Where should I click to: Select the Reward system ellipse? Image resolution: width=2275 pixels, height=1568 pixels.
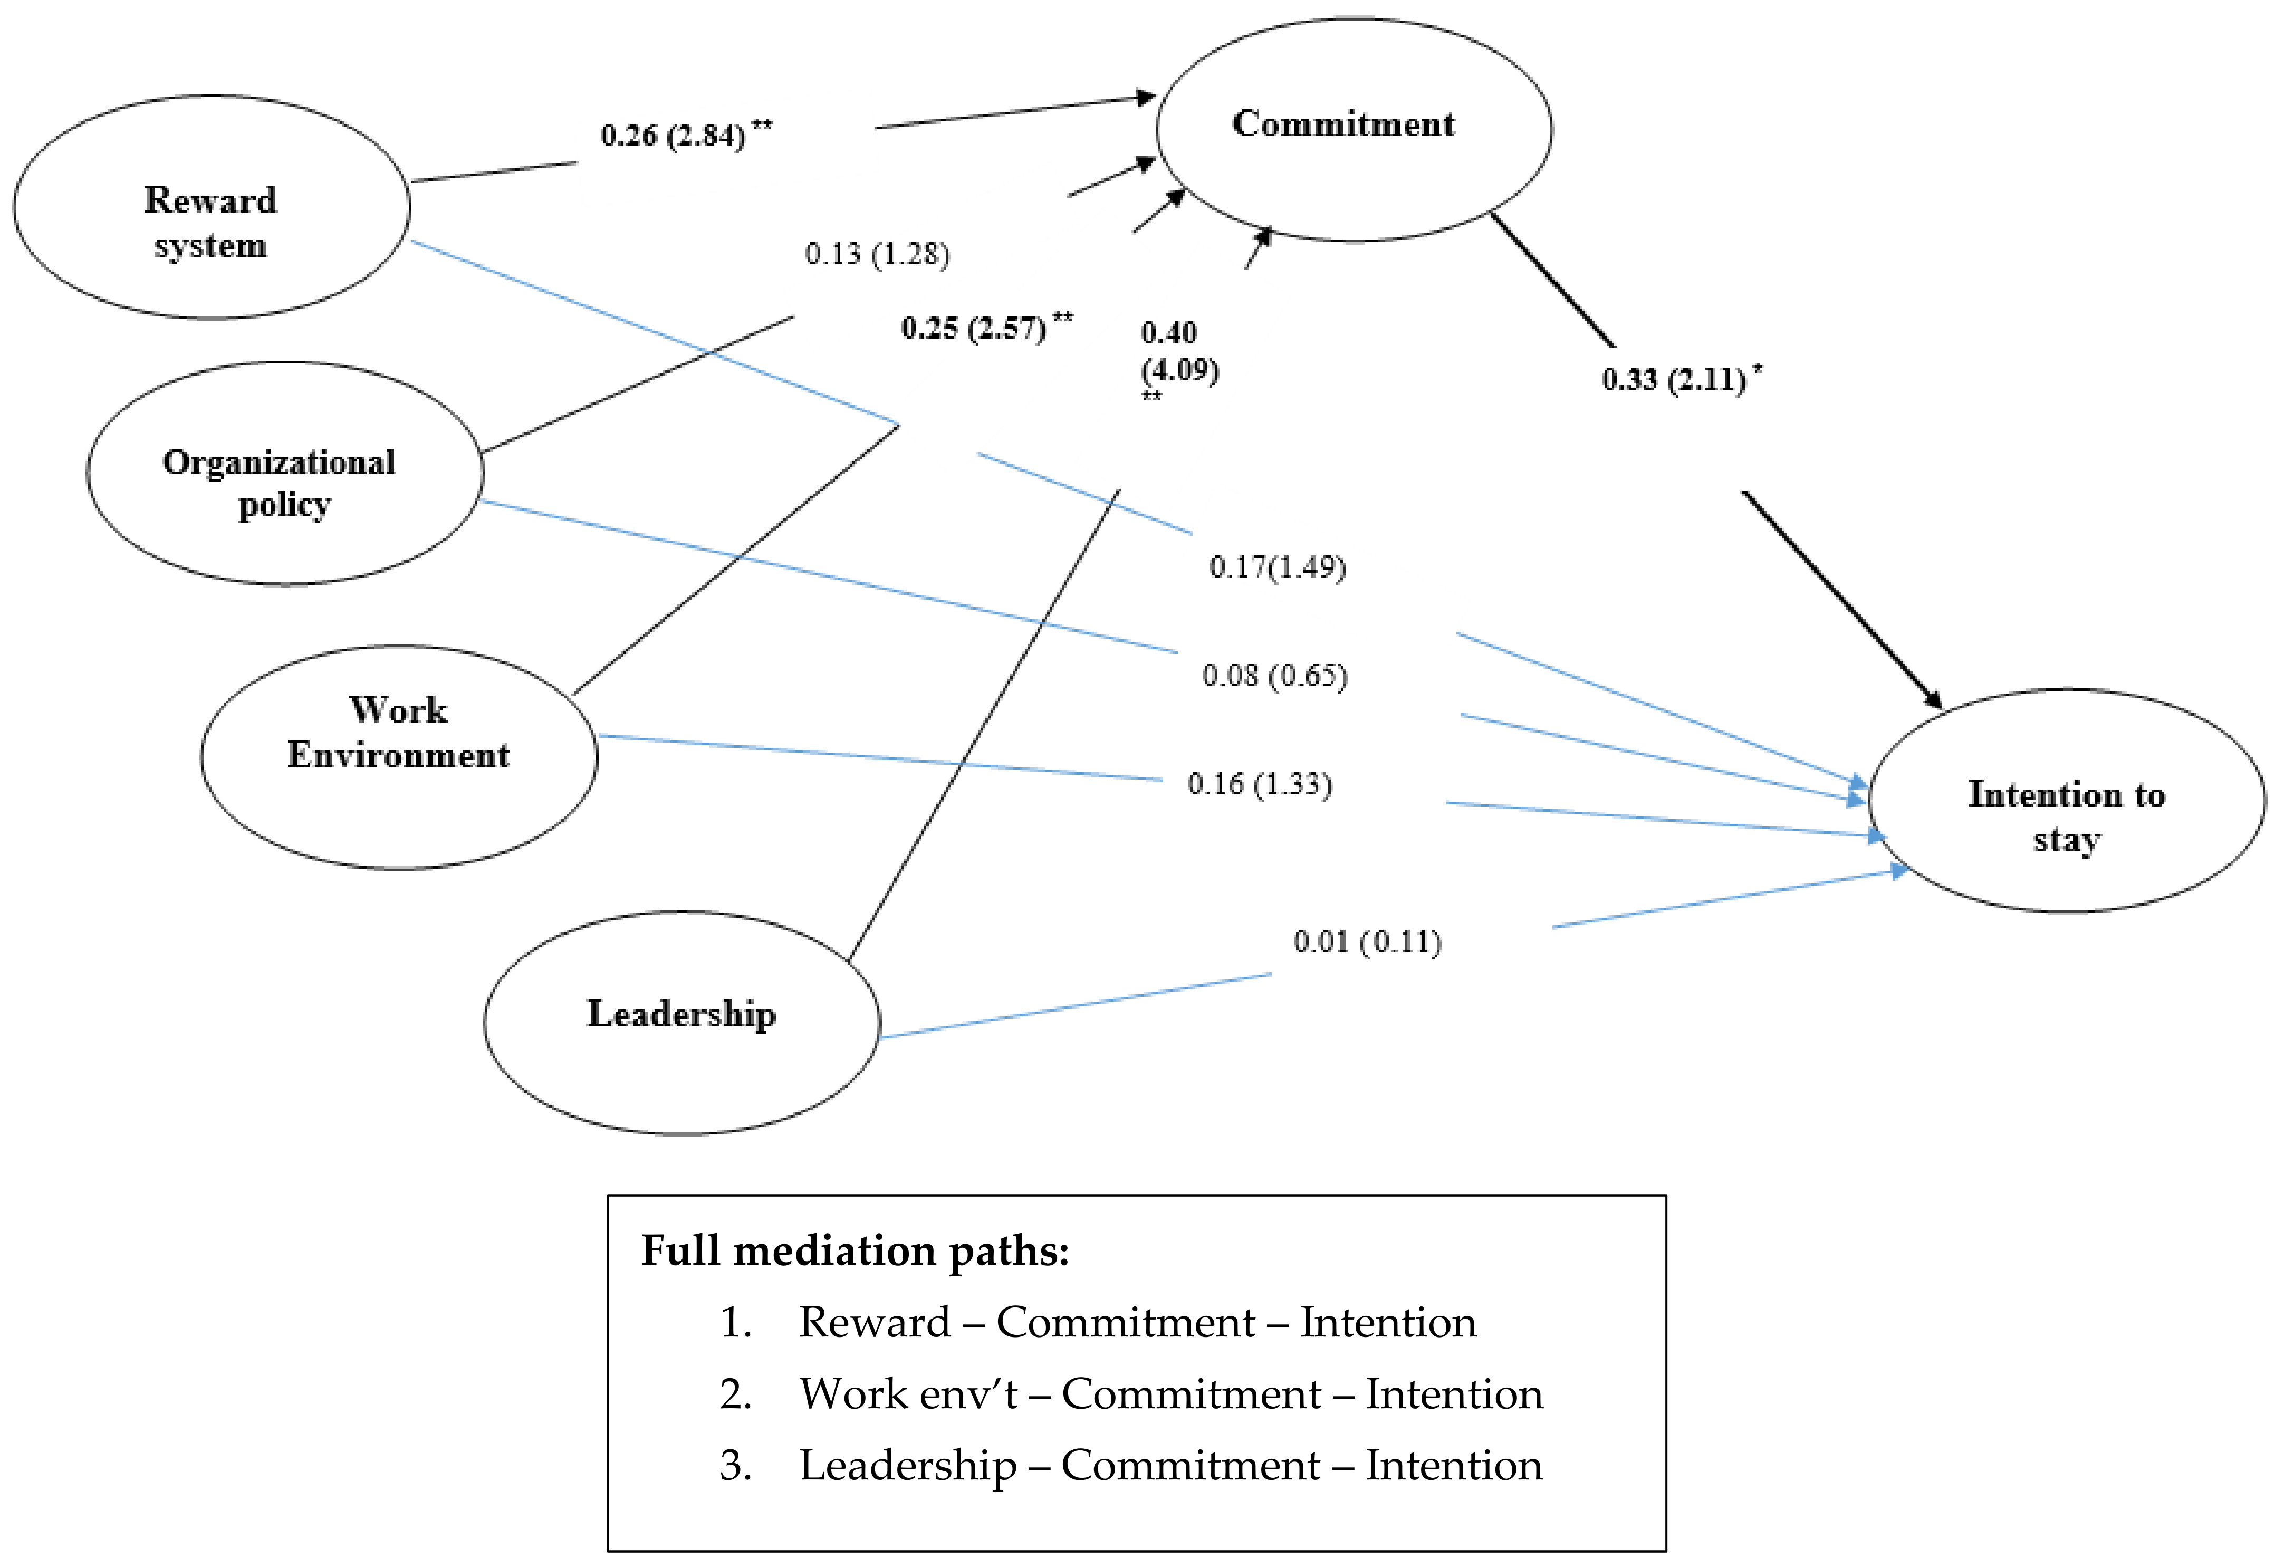[211, 207]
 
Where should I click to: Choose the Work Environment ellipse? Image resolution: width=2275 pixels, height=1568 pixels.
[399, 756]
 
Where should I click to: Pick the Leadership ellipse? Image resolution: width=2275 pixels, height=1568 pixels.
[681, 1023]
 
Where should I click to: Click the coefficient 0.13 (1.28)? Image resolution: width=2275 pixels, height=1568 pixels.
[877, 254]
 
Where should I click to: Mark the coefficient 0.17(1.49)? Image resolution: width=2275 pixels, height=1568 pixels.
[1277, 567]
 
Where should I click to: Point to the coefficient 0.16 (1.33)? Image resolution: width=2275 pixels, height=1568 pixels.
[1259, 783]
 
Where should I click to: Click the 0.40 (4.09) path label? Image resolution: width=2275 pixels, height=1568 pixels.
[1179, 352]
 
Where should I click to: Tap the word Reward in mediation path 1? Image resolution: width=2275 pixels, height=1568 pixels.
[874, 1322]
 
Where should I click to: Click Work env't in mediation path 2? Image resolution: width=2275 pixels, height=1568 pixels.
[909, 1394]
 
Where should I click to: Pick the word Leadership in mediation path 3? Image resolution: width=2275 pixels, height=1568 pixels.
[908, 1465]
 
